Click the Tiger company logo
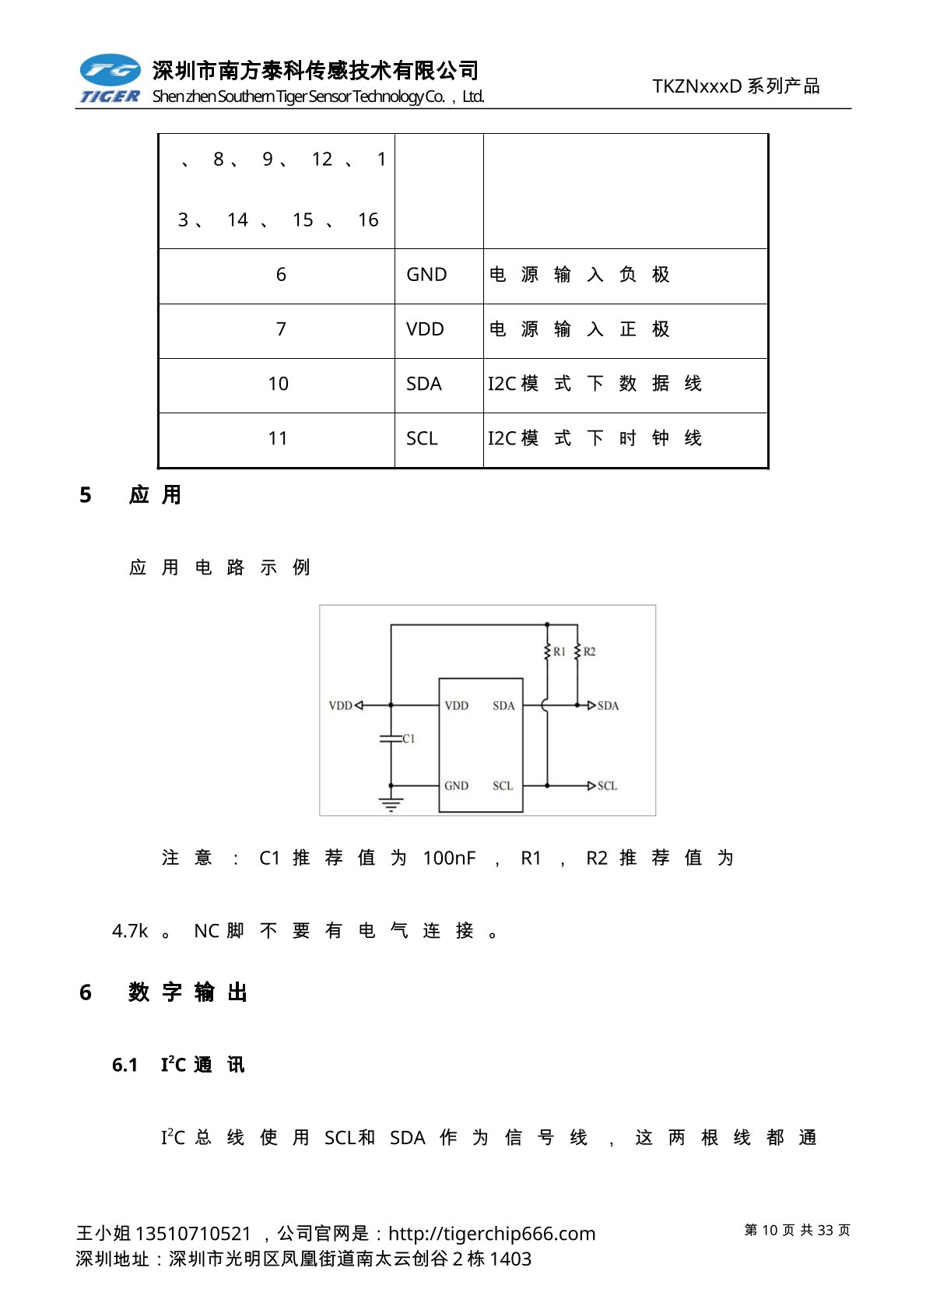[110, 79]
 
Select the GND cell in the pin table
[426, 275]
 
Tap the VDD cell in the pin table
[425, 329]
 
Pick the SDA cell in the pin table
[423, 384]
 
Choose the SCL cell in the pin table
[422, 438]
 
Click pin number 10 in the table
[278, 384]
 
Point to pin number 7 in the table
[281, 329]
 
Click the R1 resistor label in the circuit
[559, 651]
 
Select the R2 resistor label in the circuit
[589, 651]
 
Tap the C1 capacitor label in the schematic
[409, 739]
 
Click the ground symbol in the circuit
[391, 805]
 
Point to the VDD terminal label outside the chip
[340, 706]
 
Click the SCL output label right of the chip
[607, 786]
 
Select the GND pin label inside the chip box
[456, 786]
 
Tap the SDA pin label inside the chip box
[503, 706]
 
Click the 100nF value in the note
[449, 858]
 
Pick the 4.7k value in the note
[130, 931]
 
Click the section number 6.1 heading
[125, 1065]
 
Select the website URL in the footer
[492, 1234]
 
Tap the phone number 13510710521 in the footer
[193, 1234]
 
